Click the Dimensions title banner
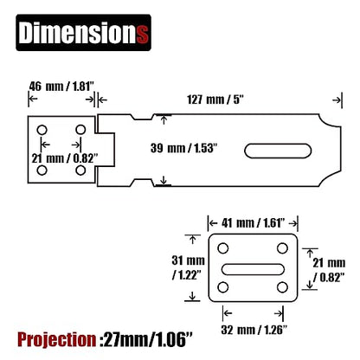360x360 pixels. tap(83, 33)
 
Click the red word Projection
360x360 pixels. tap(57, 339)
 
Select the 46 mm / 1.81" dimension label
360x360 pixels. tap(61, 87)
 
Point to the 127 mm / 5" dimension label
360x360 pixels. tap(215, 100)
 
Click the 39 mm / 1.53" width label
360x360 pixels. tap(183, 148)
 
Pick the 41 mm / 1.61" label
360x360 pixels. tap(253, 223)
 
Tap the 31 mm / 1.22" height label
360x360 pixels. tap(188, 267)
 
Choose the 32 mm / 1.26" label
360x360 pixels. tap(254, 330)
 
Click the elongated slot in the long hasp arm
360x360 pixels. tap(278, 151)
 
